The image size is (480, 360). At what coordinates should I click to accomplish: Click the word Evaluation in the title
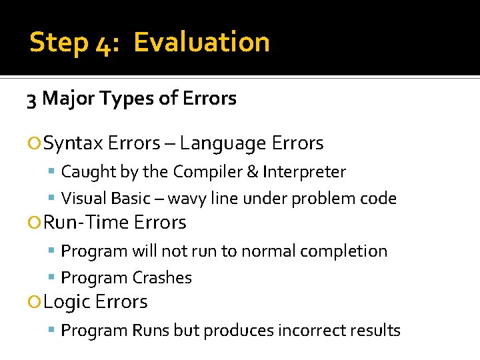201,42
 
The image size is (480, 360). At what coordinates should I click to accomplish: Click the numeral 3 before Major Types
31,99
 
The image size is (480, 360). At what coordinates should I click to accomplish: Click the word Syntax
73,143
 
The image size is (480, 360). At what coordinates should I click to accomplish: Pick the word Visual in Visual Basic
83,199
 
